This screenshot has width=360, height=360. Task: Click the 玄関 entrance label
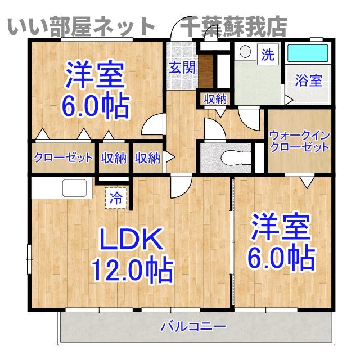coord(183,68)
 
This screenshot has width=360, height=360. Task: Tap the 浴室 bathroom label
coord(309,80)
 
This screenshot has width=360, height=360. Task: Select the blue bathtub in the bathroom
coord(308,54)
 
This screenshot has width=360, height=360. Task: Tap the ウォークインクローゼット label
coord(299,141)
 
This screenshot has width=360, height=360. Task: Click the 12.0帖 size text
coord(133,272)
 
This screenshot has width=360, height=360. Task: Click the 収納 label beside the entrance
coord(214,100)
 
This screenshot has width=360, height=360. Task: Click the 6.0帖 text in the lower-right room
coord(281,258)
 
